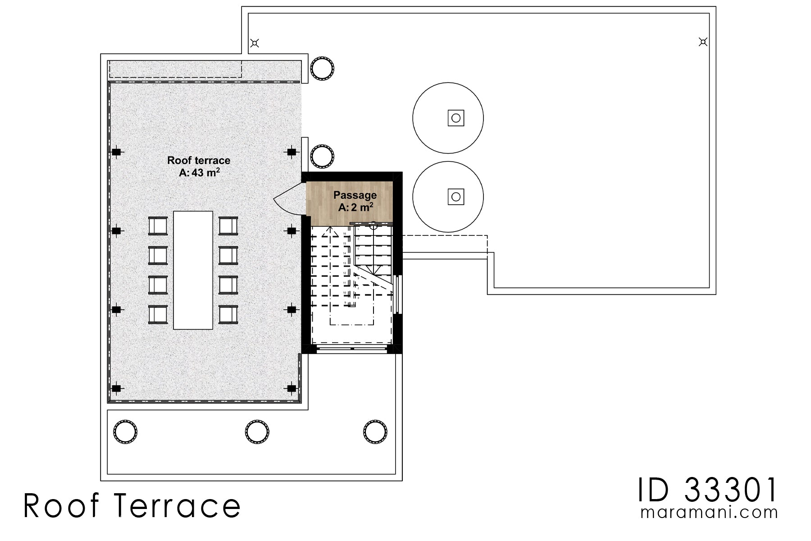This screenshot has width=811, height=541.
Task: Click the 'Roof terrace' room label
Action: click(199, 160)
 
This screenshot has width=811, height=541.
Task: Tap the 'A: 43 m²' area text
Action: click(200, 172)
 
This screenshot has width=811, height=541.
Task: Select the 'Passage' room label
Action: click(355, 195)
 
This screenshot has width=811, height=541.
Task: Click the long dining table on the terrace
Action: click(193, 270)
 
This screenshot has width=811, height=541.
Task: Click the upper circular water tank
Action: click(448, 118)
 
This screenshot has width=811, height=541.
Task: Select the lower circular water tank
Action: click(448, 197)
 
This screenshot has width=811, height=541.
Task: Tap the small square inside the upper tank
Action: click(456, 118)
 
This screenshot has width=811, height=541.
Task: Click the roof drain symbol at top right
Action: click(703, 42)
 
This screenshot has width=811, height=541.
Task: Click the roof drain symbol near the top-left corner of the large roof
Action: click(255, 43)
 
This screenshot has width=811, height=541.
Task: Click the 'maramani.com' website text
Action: click(709, 513)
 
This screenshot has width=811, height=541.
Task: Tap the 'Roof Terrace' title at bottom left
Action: click(132, 506)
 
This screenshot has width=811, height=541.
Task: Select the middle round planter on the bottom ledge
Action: click(257, 432)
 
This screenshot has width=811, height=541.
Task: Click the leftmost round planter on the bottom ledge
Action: click(125, 432)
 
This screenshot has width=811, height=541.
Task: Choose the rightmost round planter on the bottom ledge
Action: click(375, 432)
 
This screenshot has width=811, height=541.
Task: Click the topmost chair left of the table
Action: click(158, 226)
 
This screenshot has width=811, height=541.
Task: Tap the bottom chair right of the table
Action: click(228, 314)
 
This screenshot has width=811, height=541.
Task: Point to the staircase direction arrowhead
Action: click(331, 230)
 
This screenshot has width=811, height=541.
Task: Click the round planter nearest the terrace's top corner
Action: click(322, 69)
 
